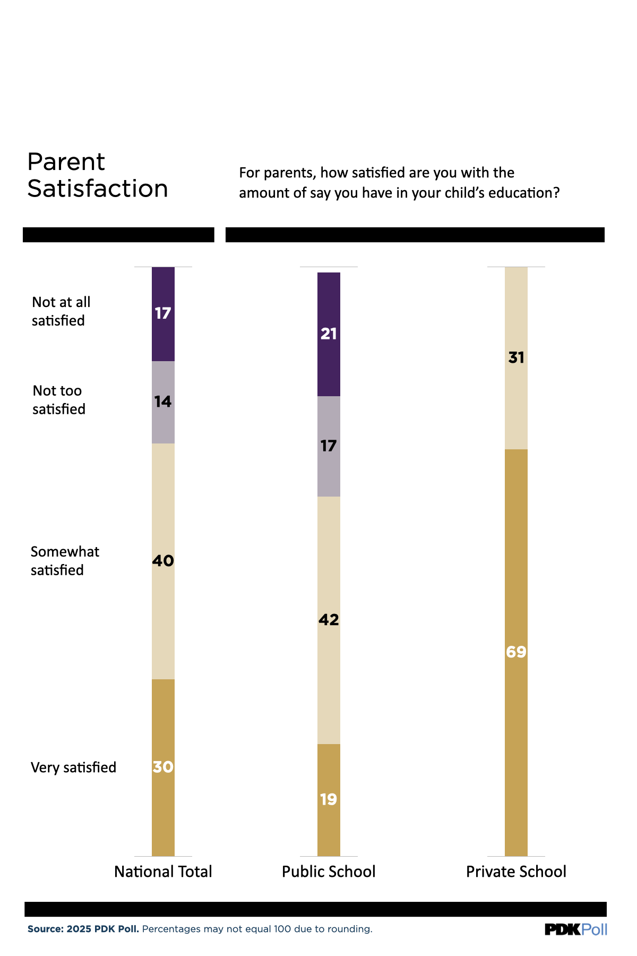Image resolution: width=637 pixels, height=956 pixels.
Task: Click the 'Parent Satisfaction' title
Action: click(x=98, y=175)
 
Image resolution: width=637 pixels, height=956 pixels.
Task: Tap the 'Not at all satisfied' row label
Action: click(x=61, y=311)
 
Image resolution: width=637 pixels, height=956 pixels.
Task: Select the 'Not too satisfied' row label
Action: click(x=58, y=400)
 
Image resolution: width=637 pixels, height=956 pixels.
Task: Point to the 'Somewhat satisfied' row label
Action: click(x=65, y=561)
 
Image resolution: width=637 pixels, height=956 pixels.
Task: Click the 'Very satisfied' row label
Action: click(x=73, y=767)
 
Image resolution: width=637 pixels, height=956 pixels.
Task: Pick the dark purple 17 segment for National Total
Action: click(x=163, y=313)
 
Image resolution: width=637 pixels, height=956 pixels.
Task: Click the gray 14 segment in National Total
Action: click(x=163, y=402)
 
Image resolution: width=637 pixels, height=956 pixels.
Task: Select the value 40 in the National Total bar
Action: click(x=163, y=561)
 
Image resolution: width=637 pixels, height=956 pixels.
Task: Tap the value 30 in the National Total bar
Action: click(x=163, y=767)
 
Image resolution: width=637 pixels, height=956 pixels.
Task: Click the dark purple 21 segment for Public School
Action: click(x=329, y=334)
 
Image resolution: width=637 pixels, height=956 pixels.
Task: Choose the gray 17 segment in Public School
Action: click(x=329, y=446)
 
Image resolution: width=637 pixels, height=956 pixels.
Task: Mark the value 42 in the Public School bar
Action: click(x=329, y=620)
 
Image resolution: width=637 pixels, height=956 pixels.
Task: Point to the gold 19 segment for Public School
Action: click(x=329, y=799)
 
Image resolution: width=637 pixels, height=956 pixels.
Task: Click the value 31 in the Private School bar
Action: click(x=516, y=358)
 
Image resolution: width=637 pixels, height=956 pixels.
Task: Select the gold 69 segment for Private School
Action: click(x=516, y=652)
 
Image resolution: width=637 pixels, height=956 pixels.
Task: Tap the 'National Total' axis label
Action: click(x=163, y=872)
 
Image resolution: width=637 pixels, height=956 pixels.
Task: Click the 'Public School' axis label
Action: click(x=329, y=872)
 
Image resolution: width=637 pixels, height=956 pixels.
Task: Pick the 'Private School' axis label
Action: click(x=516, y=872)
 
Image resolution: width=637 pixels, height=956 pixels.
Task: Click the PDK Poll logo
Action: click(x=576, y=929)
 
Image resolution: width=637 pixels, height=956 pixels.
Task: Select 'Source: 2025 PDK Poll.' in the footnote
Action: click(x=83, y=929)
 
